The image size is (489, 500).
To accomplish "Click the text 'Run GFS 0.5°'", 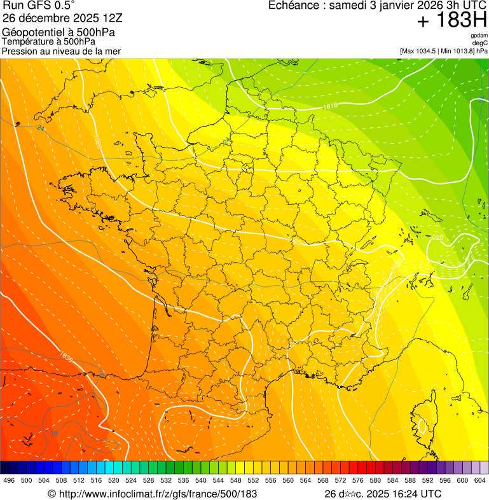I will (38, 6).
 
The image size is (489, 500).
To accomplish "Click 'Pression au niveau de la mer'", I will (62, 51).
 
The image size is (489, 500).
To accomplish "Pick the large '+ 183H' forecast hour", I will (453, 22).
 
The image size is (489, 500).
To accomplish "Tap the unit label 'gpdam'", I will (479, 36).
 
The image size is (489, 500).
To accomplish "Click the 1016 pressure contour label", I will (329, 106).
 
